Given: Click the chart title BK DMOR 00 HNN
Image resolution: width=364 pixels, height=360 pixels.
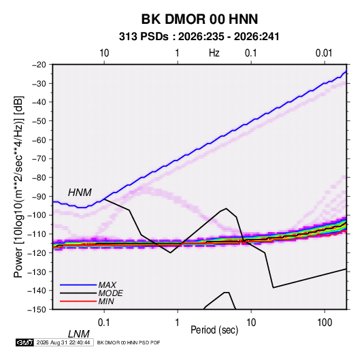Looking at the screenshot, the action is tap(199, 19).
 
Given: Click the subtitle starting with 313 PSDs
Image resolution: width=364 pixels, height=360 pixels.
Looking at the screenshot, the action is tap(199, 37).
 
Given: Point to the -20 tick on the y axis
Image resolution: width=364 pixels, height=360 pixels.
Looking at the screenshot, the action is tap(39, 65).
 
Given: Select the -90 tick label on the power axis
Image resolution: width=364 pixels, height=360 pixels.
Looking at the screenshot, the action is tap(39, 196).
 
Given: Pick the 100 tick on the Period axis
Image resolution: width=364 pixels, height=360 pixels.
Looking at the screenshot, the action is tap(325, 323).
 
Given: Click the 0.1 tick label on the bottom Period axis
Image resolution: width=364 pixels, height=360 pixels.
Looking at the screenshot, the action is tap(103, 323).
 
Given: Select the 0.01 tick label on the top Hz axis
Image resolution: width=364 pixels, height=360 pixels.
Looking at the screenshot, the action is tap(324, 53).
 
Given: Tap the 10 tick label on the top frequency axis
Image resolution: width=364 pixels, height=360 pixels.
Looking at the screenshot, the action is tap(104, 53).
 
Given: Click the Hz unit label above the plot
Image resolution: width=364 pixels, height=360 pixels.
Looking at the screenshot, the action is tap(214, 53).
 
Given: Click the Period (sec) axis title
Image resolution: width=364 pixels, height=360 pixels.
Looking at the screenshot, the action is tap(214, 330).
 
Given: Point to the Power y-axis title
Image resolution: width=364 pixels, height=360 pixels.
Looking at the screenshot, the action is tap(18, 187).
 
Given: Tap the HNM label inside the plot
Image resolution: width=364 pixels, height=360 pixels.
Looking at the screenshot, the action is tap(80, 193).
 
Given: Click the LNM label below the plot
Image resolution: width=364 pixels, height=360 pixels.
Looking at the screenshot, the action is tap(78, 334).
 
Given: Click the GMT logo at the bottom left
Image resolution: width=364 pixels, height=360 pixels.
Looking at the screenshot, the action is tap(25, 342).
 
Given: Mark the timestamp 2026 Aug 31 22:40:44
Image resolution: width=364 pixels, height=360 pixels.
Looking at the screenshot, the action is tap(63, 342).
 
